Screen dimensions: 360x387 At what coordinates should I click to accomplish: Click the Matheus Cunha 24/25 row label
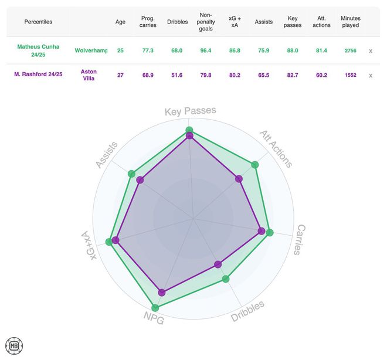[x=38, y=50]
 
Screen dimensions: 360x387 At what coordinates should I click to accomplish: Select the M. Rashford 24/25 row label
[x=38, y=75]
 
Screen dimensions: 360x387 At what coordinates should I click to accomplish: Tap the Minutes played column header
[x=350, y=22]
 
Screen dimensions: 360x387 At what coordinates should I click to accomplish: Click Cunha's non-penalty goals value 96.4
[x=206, y=51]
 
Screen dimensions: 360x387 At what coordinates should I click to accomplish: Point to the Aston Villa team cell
[x=89, y=75]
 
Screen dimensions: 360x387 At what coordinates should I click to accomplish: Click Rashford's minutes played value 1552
[x=351, y=76]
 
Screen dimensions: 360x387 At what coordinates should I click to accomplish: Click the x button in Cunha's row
[x=371, y=51]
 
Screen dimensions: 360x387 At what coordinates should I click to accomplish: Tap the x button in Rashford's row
[x=371, y=76]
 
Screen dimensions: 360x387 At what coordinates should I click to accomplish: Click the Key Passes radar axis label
[x=190, y=111]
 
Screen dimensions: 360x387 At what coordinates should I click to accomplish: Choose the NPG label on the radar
[x=154, y=318]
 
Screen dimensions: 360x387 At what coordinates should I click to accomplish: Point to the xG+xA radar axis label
[x=86, y=246]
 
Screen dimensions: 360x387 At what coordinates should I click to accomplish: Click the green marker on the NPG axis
[x=155, y=308]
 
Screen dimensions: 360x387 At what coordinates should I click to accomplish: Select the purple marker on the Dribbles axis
[x=218, y=264]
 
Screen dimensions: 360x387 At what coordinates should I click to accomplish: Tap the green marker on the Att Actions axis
[x=254, y=165]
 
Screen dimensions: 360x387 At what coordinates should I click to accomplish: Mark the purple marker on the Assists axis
[x=140, y=180]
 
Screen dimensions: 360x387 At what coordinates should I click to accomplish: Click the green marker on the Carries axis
[x=270, y=233]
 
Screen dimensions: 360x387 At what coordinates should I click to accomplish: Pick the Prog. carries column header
[x=148, y=22]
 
